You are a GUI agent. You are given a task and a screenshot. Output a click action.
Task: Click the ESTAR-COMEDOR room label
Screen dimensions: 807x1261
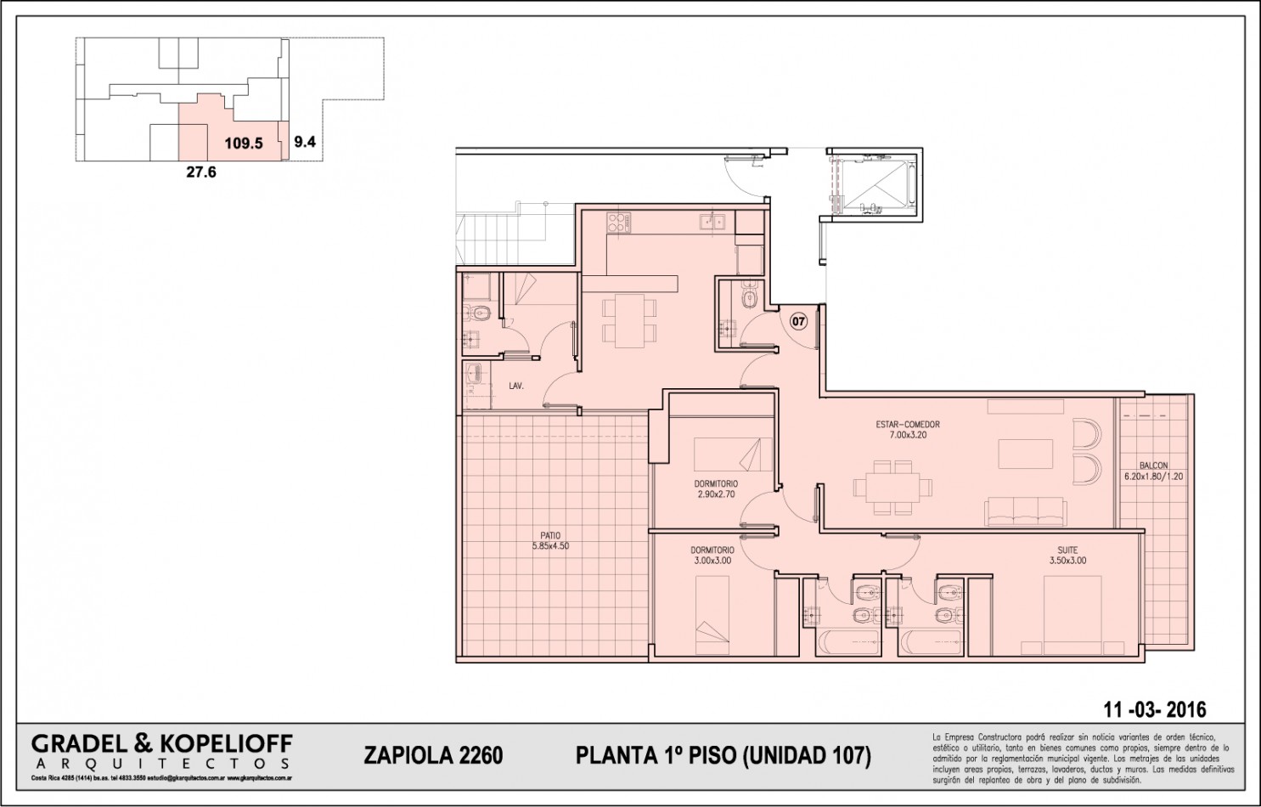pos(908,425)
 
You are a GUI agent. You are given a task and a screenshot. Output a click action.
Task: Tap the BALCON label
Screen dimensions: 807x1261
pos(1153,466)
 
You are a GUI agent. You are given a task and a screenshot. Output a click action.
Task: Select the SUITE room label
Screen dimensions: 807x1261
pos(1067,550)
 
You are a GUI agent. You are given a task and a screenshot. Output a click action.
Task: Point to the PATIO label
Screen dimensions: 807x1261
pos(549,535)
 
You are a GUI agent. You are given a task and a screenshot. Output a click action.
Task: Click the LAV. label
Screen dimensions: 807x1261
pos(515,386)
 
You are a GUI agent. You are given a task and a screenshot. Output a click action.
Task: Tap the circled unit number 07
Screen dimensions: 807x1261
pos(798,321)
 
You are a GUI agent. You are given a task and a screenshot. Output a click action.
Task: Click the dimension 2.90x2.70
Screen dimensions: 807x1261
pos(715,494)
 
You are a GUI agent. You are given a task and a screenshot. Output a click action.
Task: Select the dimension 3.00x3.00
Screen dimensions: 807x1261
pos(712,561)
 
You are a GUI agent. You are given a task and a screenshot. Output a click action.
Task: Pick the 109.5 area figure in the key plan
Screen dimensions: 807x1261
pos(243,144)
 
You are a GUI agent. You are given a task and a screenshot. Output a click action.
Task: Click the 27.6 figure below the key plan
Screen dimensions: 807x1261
pos(201,172)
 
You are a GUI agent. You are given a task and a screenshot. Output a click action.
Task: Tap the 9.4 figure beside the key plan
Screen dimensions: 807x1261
pos(305,143)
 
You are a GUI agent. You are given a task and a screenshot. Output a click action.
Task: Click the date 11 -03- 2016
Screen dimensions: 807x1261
pos(1154,709)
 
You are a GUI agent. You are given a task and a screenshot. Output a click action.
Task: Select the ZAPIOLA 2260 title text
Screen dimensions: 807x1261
pos(433,755)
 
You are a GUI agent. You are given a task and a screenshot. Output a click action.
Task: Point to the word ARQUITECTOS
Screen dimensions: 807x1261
pos(161,764)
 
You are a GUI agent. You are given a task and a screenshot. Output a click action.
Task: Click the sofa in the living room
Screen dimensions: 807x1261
pos(1025,512)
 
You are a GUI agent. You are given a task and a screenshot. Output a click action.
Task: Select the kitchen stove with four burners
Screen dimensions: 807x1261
pos(619,223)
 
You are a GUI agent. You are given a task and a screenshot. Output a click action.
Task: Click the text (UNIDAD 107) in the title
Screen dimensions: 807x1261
pos(807,755)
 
